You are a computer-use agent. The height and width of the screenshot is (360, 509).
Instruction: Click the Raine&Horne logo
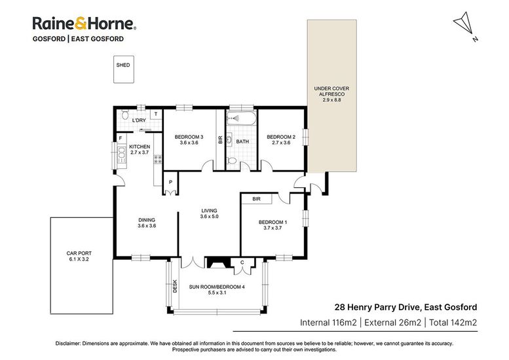click(x=84, y=24)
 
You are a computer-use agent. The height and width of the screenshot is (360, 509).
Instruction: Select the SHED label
click(x=123, y=65)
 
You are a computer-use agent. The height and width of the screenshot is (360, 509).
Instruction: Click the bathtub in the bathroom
click(x=241, y=118)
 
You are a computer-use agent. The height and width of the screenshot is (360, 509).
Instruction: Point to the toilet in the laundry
click(x=125, y=115)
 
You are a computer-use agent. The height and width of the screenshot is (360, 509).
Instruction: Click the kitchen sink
click(x=121, y=155)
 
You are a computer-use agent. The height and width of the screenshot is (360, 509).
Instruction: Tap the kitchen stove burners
click(x=158, y=159)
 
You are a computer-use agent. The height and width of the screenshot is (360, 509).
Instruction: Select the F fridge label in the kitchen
click(x=121, y=139)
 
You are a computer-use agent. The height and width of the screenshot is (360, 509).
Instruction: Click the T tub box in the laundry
click(x=156, y=114)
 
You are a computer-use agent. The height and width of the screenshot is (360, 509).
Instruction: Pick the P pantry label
click(x=170, y=182)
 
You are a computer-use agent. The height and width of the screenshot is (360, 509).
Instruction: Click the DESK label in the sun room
click(x=175, y=287)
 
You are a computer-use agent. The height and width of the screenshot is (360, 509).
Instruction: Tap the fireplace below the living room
click(x=218, y=262)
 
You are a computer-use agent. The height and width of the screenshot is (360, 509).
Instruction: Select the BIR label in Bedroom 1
click(x=256, y=199)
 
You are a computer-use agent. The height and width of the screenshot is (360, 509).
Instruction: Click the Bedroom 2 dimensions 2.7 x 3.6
click(x=281, y=143)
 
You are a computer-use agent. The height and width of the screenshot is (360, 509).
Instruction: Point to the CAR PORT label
click(x=79, y=253)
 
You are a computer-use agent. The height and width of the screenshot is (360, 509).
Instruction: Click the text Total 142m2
click(x=453, y=323)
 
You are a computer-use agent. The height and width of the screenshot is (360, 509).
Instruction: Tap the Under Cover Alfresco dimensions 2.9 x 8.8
click(x=331, y=100)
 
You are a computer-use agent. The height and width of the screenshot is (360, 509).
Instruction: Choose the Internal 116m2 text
click(x=328, y=323)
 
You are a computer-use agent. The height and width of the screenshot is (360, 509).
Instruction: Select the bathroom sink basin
click(x=229, y=140)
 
